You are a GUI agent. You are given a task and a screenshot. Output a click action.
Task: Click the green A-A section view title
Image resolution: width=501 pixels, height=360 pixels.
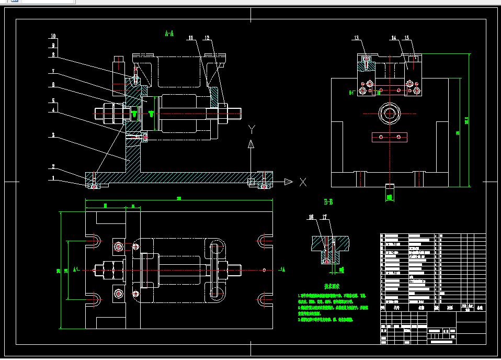click(x=169, y=34)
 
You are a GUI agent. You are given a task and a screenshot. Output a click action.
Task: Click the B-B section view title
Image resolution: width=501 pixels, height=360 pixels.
click(x=328, y=201)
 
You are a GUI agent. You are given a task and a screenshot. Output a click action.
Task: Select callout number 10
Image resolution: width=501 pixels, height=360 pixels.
click(x=53, y=36)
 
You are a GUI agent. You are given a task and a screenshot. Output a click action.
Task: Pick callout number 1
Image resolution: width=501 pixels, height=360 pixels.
click(x=53, y=178)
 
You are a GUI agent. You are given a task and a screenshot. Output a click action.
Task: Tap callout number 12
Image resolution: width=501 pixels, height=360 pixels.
click(x=207, y=38)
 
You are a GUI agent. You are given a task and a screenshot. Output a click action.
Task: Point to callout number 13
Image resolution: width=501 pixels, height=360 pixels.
click(x=357, y=38)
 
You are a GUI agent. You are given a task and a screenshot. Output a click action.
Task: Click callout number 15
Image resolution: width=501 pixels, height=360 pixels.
click(x=407, y=38)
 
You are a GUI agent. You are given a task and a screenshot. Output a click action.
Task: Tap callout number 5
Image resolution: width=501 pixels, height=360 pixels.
click(x=53, y=100)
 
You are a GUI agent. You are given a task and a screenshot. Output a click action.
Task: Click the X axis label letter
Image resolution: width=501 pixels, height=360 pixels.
click(x=302, y=182)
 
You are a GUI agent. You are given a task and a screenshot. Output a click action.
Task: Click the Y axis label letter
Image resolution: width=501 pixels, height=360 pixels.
click(x=252, y=128)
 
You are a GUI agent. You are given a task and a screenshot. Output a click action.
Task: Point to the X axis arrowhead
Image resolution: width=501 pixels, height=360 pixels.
click(x=288, y=182)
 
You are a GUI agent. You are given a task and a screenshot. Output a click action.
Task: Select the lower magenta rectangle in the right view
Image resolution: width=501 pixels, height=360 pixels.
click(x=389, y=137)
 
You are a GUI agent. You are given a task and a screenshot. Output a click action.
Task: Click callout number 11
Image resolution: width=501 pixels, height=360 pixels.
click(x=191, y=38)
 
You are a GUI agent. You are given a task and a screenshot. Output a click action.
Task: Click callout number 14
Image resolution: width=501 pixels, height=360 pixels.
click(x=393, y=38)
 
